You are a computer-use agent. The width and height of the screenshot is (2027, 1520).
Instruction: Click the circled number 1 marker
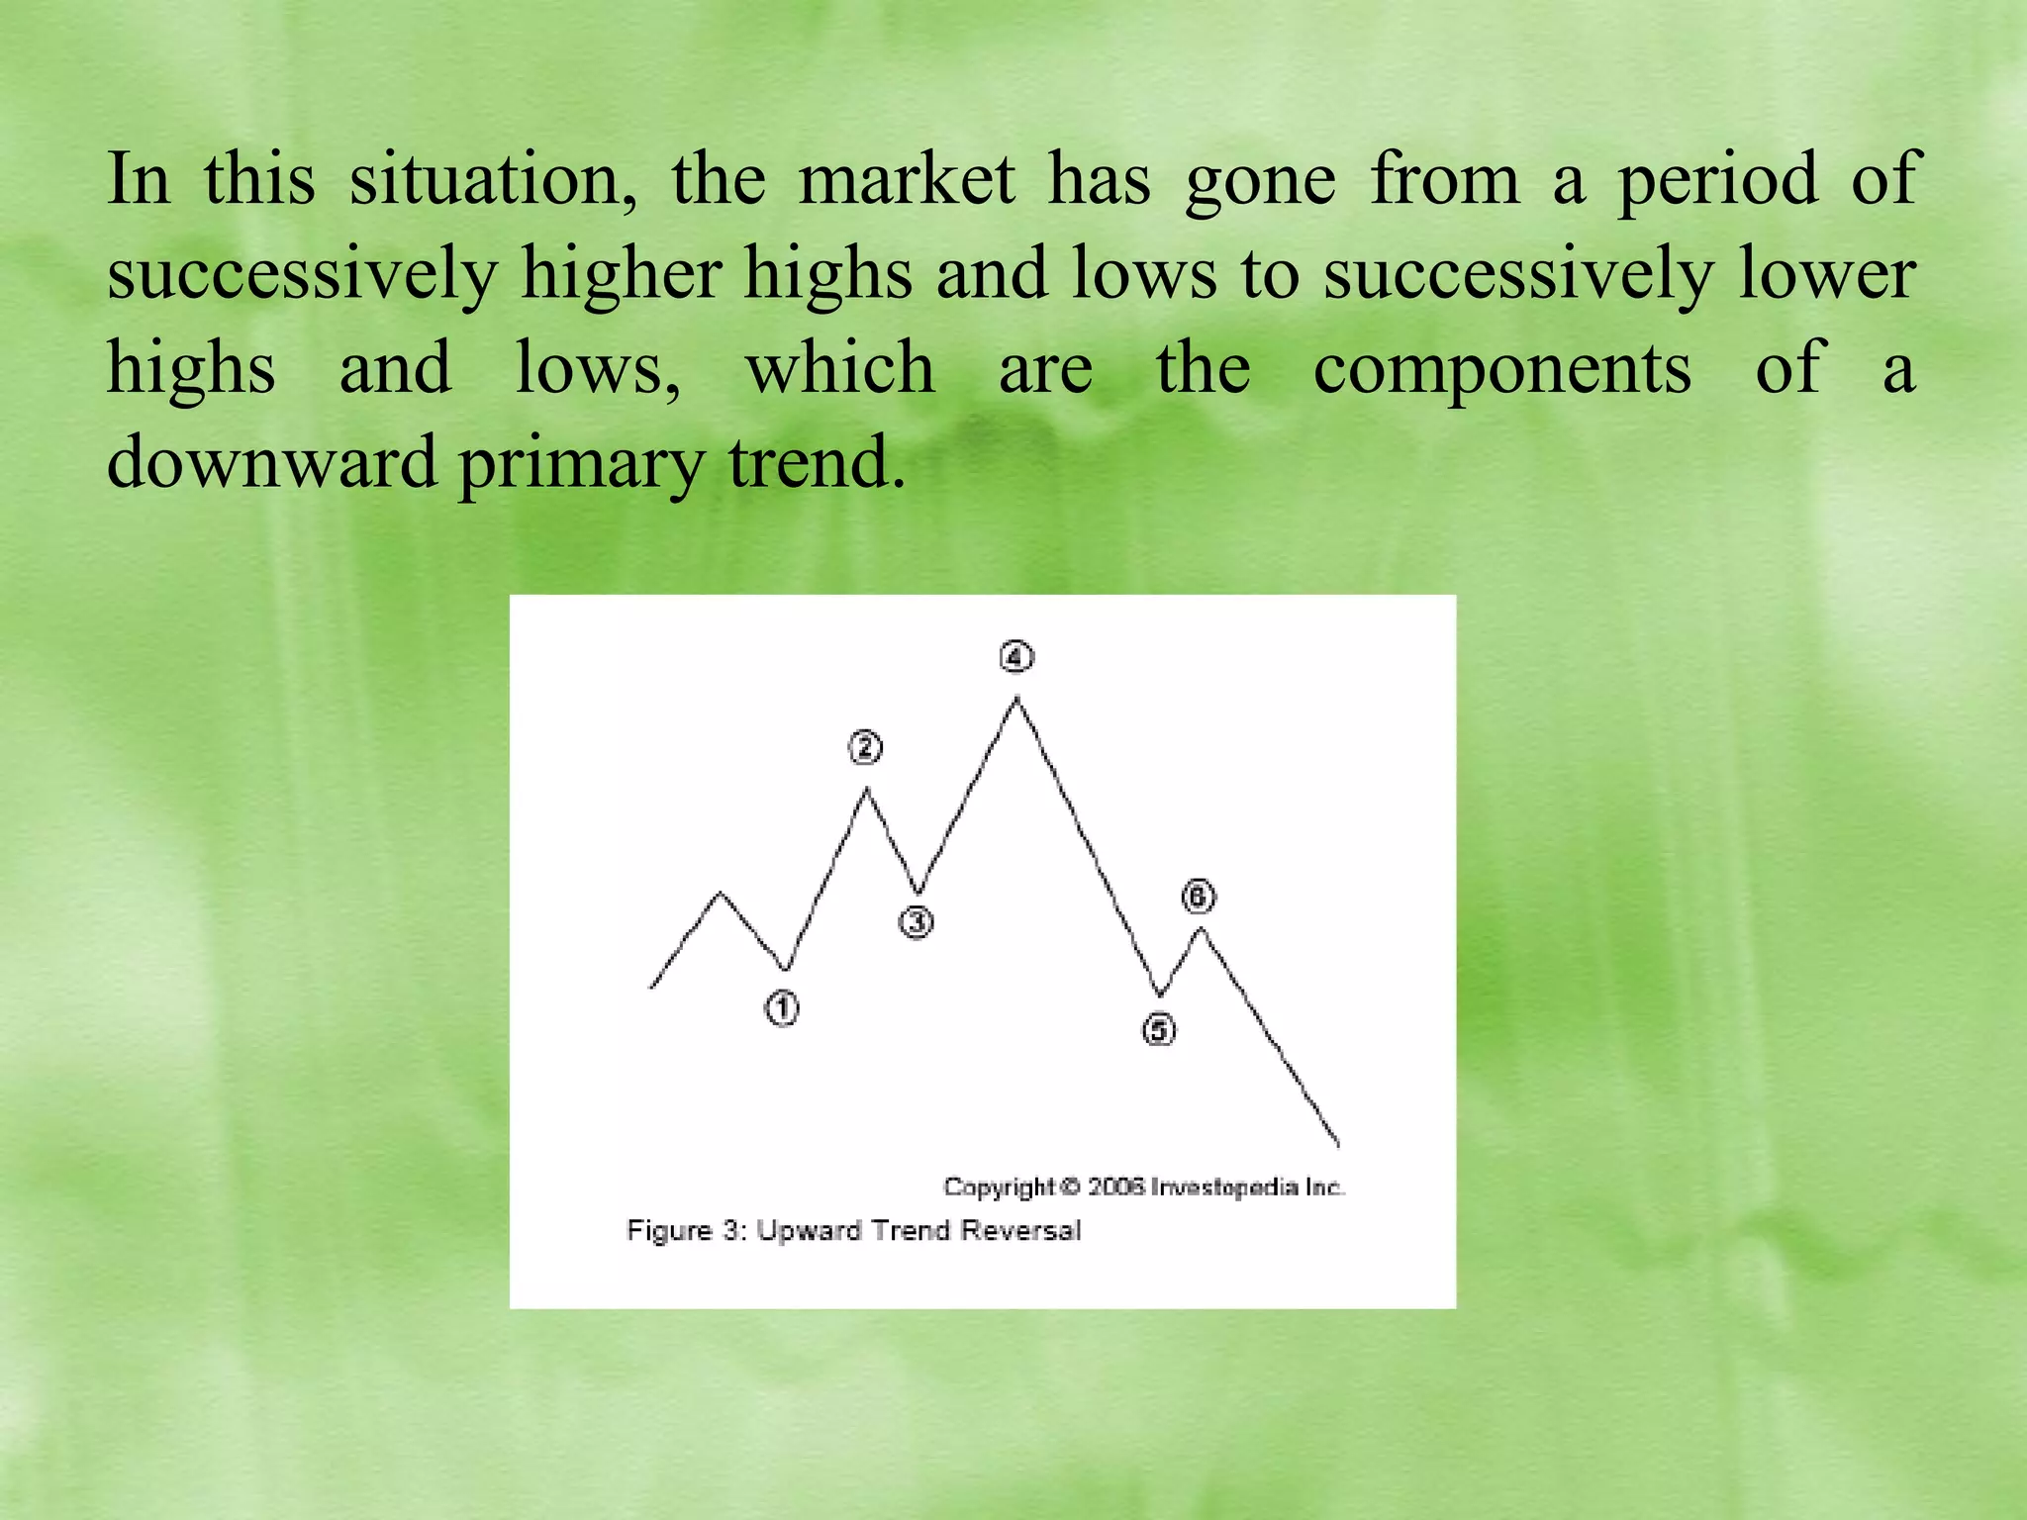782,1008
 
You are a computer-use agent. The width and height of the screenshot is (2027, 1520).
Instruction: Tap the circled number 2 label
865,747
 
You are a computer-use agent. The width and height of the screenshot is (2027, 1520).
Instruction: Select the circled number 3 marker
917,922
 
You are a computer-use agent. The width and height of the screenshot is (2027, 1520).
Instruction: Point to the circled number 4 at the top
1016,657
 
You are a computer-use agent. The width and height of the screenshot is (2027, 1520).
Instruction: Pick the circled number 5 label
1159,1030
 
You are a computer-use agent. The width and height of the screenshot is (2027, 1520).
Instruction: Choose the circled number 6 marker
1199,897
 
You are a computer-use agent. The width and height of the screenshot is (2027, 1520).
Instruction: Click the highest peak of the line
1016,699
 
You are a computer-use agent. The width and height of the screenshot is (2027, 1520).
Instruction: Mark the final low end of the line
1338,1145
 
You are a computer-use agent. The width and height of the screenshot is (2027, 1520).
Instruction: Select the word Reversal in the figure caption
1020,1230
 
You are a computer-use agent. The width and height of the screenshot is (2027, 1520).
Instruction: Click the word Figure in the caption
670,1230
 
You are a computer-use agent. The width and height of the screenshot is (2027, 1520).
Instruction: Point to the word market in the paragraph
907,179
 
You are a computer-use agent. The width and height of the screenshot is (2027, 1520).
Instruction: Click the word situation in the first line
493,179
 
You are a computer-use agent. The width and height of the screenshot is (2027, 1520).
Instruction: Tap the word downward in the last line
271,462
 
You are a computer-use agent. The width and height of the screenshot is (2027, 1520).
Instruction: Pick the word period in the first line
1718,181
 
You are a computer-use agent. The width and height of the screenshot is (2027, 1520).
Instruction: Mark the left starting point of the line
651,987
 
